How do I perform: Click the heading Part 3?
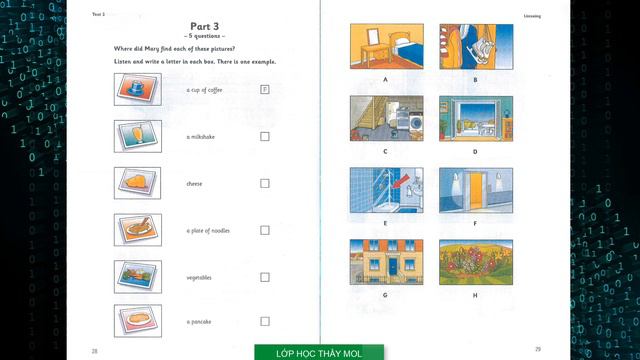[x=203, y=26]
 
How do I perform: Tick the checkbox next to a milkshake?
[x=265, y=136]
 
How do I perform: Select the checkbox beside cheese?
[x=265, y=183]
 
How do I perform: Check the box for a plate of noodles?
[x=265, y=230]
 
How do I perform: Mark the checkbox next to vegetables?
[x=265, y=276]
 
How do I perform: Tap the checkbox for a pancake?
[x=265, y=321]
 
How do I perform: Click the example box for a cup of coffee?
[x=265, y=89]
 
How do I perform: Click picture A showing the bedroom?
[x=385, y=46]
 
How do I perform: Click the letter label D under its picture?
[x=475, y=151]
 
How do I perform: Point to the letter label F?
[x=475, y=223]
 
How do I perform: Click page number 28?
[x=94, y=350]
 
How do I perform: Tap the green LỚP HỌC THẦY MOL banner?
[x=319, y=353]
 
